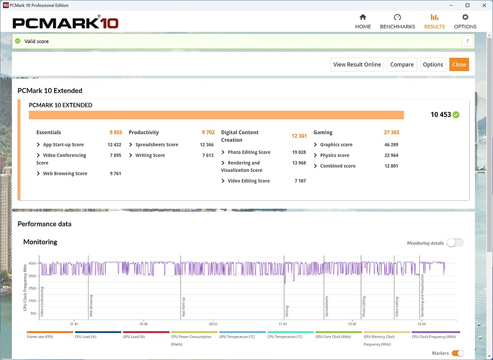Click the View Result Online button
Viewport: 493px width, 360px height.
tap(357, 64)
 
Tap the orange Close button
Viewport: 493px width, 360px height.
tap(459, 64)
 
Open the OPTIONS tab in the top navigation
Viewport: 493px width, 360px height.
tap(465, 22)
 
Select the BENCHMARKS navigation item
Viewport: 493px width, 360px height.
tap(397, 22)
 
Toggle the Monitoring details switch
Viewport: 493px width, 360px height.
tap(454, 243)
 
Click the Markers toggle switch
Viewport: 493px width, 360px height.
tap(457, 354)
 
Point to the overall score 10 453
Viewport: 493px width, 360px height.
tap(441, 115)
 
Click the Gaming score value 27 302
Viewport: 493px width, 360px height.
tap(391, 132)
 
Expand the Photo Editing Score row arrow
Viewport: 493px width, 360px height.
tap(223, 153)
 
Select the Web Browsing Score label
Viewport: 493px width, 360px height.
tap(65, 174)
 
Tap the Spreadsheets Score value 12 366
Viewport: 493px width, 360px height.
tap(207, 145)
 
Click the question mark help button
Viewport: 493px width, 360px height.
tap(467, 41)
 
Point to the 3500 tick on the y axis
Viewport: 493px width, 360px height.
tap(32, 276)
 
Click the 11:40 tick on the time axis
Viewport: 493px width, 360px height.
tap(283, 324)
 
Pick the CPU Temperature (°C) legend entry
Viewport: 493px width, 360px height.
tap(285, 337)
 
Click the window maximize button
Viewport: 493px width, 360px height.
tap(467, 5)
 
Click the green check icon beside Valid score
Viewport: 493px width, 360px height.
tap(18, 41)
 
